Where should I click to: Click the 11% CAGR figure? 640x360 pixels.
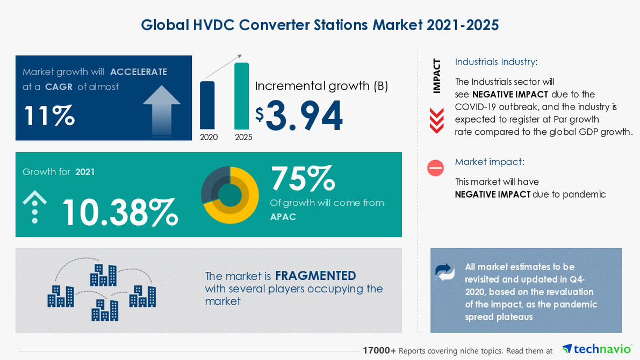(48, 116)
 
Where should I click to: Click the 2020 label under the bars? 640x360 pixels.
(208, 137)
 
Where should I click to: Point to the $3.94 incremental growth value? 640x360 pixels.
(299, 117)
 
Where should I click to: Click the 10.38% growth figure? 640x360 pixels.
(119, 212)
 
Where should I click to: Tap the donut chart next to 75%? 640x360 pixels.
(229, 195)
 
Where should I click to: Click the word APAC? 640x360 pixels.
(283, 217)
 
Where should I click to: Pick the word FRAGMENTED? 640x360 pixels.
(315, 276)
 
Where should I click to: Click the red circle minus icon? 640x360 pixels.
(435, 168)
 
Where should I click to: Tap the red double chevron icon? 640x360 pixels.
(436, 120)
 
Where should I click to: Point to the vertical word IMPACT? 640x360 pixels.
(436, 76)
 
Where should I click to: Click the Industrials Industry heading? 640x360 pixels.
(496, 62)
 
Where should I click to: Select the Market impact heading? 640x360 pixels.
(490, 162)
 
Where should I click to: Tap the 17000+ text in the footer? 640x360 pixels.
(379, 350)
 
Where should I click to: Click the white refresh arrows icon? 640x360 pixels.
(445, 272)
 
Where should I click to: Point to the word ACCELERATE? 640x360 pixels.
(139, 72)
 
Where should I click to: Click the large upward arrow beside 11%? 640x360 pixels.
(162, 110)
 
